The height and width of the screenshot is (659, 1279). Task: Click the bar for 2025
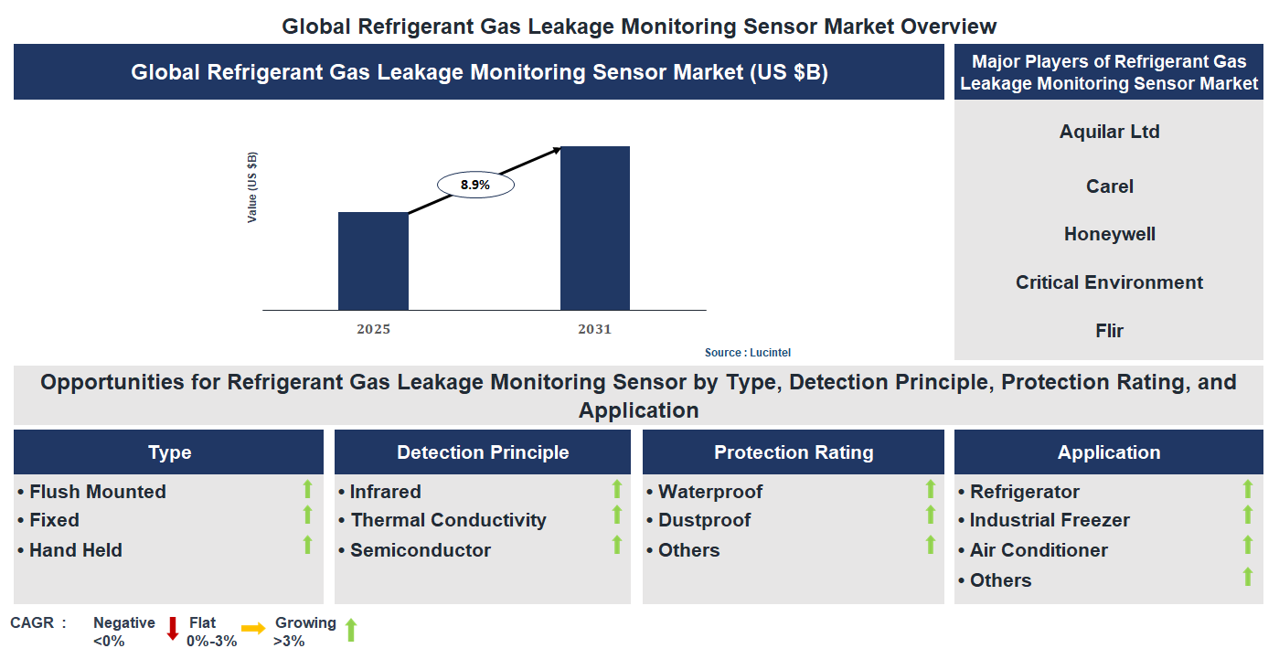(373, 261)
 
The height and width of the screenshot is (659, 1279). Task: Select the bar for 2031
(595, 229)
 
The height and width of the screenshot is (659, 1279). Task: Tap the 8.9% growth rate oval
(475, 185)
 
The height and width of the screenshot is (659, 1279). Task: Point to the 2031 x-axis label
(594, 329)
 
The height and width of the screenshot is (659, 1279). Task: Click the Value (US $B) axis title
(252, 187)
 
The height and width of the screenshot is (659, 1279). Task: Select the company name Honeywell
(1109, 234)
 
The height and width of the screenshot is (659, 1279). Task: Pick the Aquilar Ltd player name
(1109, 132)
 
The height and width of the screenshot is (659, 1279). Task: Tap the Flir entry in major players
(1109, 331)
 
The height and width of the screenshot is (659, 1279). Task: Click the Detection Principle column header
(483, 452)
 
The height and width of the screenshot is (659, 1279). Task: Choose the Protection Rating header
(794, 452)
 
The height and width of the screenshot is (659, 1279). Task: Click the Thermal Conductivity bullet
(448, 520)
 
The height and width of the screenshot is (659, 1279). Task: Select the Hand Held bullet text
(75, 550)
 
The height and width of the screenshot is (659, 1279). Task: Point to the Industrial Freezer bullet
(1049, 520)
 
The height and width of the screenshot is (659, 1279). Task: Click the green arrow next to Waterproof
(931, 489)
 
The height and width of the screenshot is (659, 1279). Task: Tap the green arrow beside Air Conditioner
(1247, 546)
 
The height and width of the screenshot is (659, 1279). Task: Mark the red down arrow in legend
(172, 629)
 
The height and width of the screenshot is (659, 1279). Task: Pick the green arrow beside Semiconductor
(617, 546)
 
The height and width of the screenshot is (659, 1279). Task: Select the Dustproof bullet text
(704, 520)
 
